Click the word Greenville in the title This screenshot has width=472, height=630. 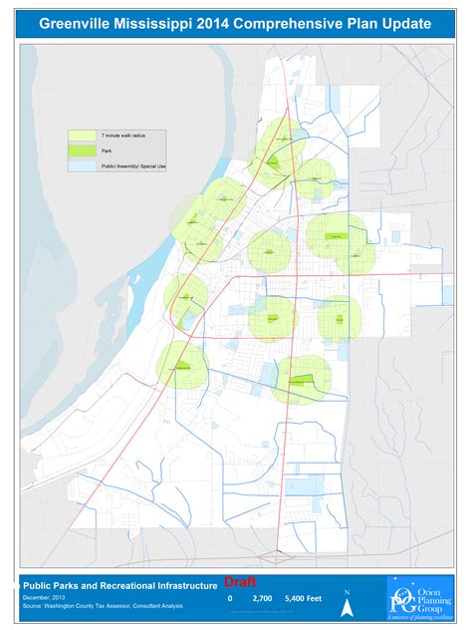click(x=77, y=21)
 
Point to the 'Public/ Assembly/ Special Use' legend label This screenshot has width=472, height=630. click(x=132, y=166)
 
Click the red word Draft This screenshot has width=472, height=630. click(x=240, y=581)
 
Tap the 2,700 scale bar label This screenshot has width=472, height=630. click(x=263, y=598)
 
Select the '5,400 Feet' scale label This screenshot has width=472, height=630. click(x=305, y=598)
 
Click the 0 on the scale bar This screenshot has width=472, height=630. click(x=230, y=598)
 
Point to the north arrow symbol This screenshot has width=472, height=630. click(x=347, y=602)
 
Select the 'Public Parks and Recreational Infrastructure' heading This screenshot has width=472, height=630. click(x=118, y=586)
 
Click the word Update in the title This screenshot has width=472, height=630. click(x=406, y=21)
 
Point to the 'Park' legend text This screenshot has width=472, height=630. click(x=106, y=151)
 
